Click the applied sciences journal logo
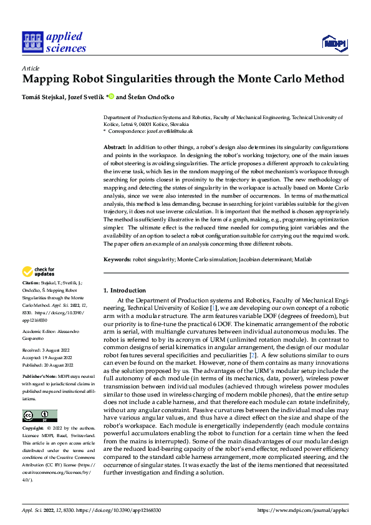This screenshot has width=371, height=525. [54, 41]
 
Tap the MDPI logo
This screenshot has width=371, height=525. [334, 42]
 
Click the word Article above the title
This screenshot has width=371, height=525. [30, 68]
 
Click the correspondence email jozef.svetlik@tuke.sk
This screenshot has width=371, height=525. [170, 132]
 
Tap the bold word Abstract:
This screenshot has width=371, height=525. [114, 146]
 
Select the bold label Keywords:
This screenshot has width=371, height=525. [117, 259]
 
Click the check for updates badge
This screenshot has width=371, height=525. [39, 272]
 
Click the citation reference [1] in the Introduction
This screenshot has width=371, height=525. [214, 308]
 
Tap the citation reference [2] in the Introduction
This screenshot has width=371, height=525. [253, 355]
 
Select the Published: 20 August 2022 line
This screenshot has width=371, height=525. [49, 365]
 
